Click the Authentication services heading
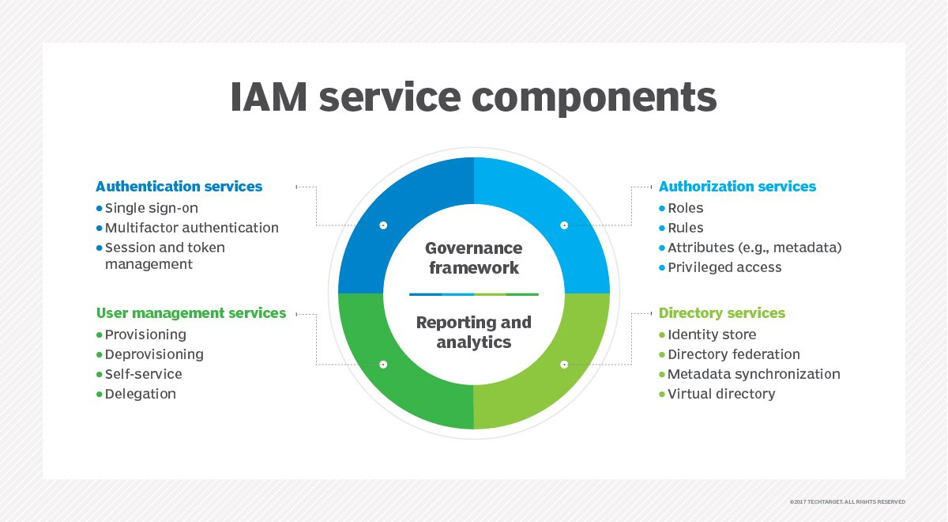tap(179, 187)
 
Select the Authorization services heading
tap(737, 187)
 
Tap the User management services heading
tap(191, 313)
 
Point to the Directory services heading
tap(722, 313)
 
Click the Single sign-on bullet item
tap(147, 208)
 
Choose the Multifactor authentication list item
tap(187, 228)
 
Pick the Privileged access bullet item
tap(720, 267)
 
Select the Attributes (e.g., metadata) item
tap(750, 248)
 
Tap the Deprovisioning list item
tap(150, 354)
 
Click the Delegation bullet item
tap(136, 394)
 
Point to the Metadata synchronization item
tap(750, 374)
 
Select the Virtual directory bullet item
tap(717, 394)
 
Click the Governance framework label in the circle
tap(473, 258)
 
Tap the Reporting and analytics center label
tap(473, 332)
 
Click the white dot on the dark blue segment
tap(383, 225)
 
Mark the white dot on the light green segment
tap(564, 365)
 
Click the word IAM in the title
tap(269, 97)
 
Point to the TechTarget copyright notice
tap(847, 501)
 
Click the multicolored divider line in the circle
tap(473, 294)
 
